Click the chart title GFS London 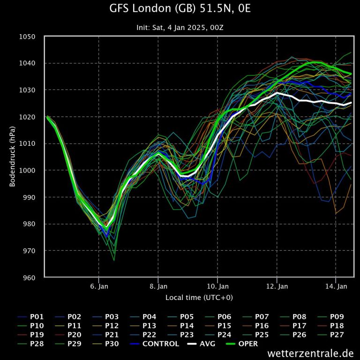tap(180, 8)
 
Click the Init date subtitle tap(180, 28)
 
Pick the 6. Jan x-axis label tap(99, 286)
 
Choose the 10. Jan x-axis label tap(217, 286)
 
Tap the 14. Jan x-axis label tap(336, 286)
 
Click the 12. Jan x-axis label tap(277, 286)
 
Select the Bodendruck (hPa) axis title tap(13, 157)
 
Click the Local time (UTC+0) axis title tap(199, 298)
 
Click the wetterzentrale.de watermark tap(311, 353)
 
